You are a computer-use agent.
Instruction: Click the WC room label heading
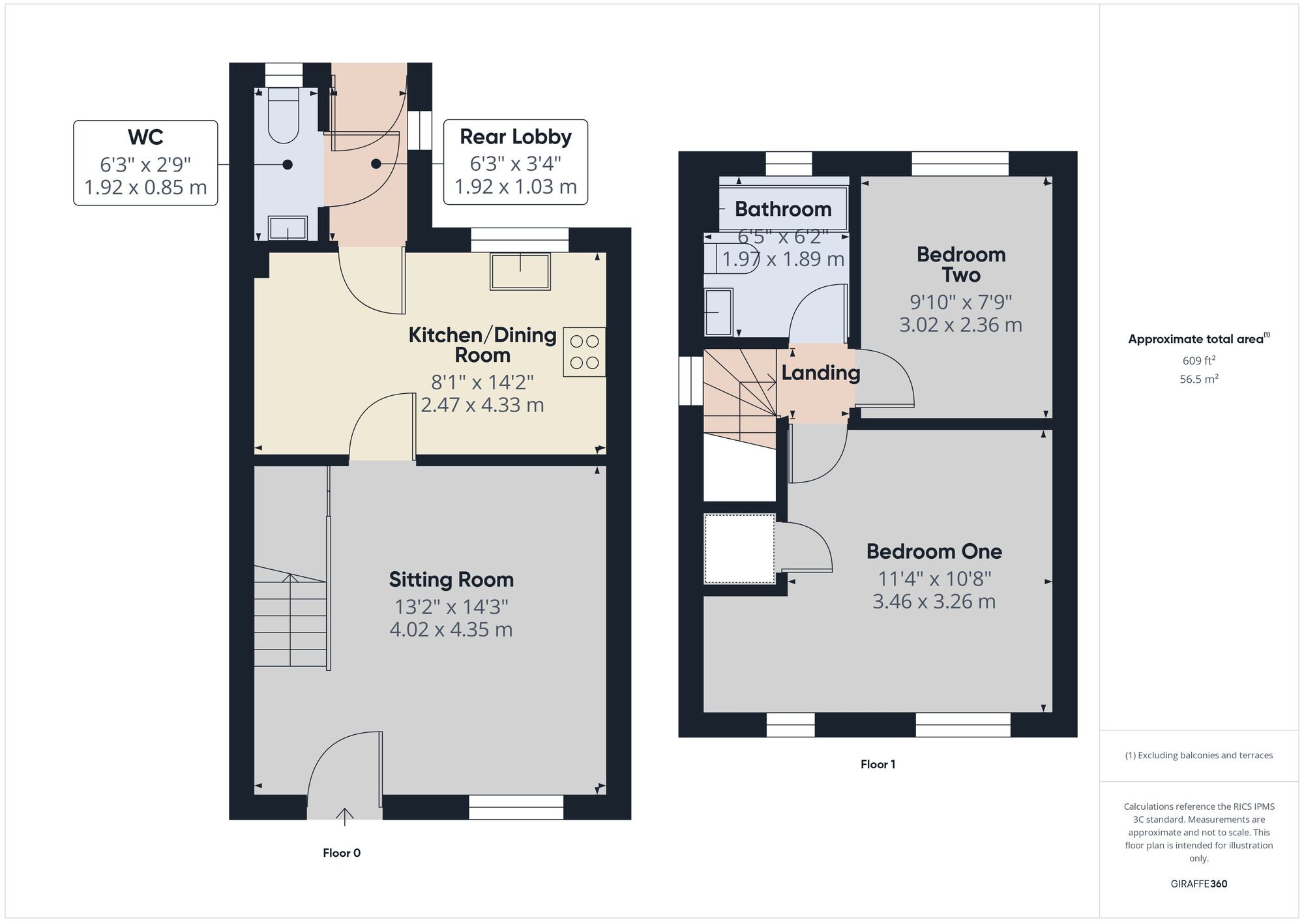145,137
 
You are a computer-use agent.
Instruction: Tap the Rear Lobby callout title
516,136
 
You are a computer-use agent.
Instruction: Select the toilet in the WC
284,115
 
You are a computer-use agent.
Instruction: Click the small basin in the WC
288,228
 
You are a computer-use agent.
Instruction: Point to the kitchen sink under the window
520,271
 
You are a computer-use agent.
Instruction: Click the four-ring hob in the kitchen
584,351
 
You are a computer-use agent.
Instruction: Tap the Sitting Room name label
451,579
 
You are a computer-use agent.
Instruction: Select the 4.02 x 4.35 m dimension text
451,629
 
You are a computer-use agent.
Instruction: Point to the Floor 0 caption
342,853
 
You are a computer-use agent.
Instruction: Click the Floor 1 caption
878,764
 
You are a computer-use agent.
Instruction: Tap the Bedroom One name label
934,551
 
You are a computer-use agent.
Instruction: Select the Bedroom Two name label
961,264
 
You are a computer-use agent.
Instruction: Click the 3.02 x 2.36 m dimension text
961,325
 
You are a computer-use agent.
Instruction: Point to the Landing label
821,373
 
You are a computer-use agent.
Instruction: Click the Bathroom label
783,209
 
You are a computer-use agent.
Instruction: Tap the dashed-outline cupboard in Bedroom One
739,548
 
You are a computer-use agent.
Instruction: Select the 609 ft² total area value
1199,360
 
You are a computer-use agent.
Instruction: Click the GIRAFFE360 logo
1199,884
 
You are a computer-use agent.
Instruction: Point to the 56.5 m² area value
1199,379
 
